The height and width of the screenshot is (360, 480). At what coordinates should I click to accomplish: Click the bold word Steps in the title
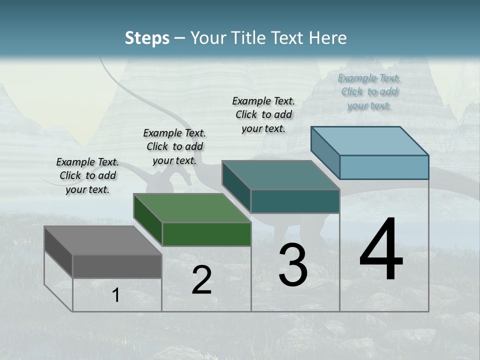click(x=147, y=38)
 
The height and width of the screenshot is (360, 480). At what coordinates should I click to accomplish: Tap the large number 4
click(x=381, y=250)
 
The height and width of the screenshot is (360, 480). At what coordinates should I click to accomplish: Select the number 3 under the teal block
click(x=292, y=265)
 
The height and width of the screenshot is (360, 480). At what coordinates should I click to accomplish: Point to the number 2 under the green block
click(x=201, y=280)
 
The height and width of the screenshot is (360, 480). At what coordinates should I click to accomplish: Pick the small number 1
click(x=115, y=295)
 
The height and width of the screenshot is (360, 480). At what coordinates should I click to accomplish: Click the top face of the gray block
click(x=102, y=240)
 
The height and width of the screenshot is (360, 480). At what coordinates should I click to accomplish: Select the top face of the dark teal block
click(x=280, y=175)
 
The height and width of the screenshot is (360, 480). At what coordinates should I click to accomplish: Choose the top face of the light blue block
click(x=369, y=141)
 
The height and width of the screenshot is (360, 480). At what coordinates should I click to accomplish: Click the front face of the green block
click(x=206, y=234)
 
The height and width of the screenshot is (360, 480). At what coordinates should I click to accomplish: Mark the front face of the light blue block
click(x=384, y=167)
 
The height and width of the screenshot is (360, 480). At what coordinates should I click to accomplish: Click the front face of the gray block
click(x=117, y=266)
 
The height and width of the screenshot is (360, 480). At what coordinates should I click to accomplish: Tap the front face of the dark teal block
click(x=295, y=201)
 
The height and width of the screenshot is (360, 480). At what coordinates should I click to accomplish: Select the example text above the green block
click(x=174, y=147)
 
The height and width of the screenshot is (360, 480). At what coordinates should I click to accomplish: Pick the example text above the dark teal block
click(x=263, y=114)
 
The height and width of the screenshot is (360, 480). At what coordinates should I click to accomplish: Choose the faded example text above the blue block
click(x=369, y=92)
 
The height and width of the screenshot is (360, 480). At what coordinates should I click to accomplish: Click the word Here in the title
click(x=328, y=38)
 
